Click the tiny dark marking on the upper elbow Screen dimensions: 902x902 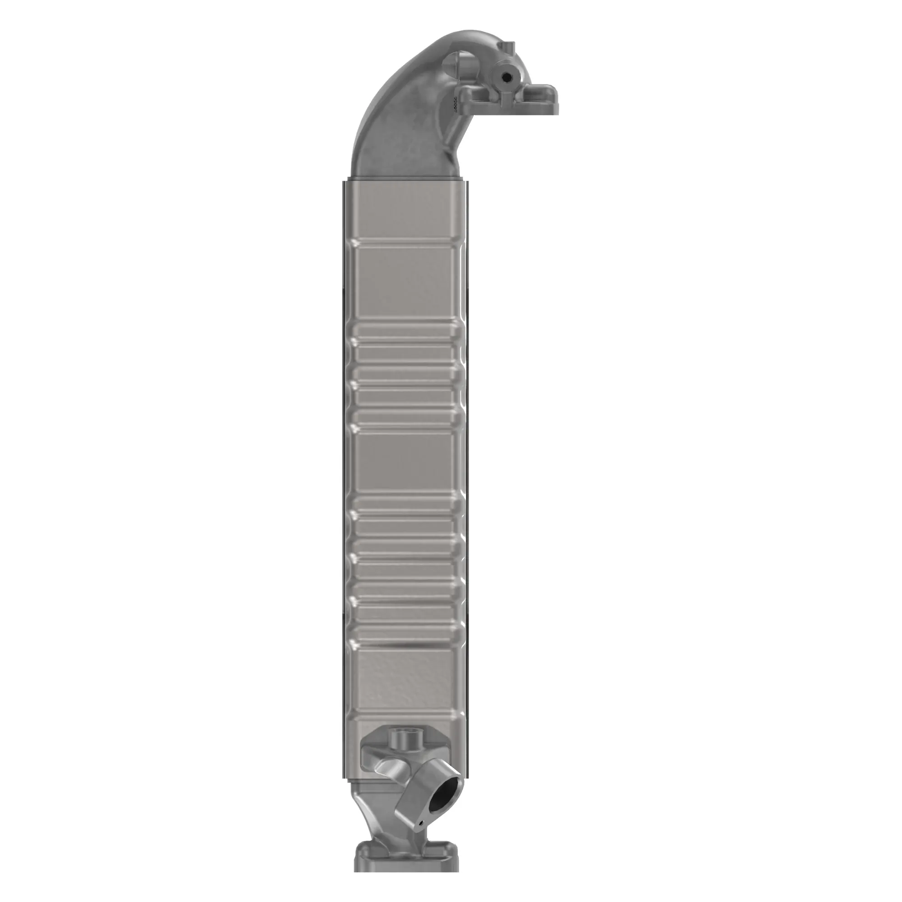[x=452, y=103]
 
